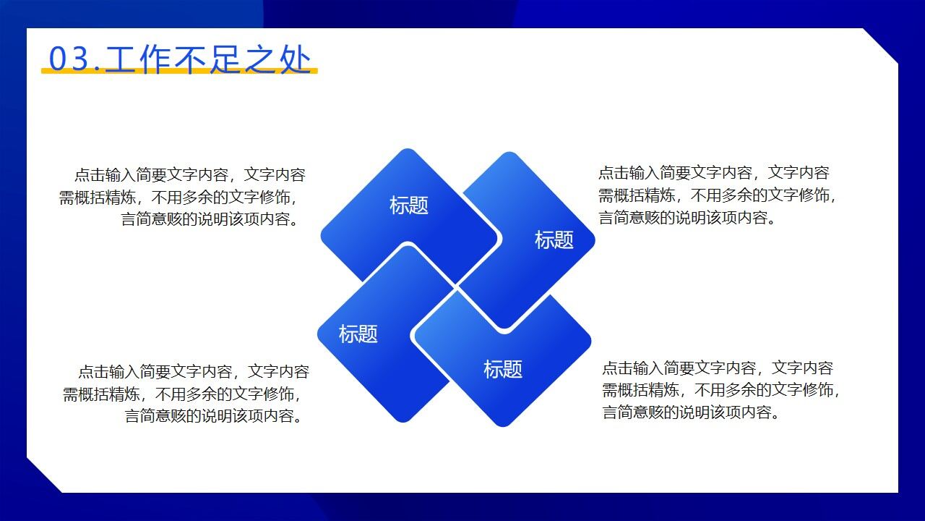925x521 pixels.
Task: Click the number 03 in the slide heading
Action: pos(69,59)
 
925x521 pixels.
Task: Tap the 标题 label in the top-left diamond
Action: pos(409,206)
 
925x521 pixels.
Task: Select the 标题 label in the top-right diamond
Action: pos(554,240)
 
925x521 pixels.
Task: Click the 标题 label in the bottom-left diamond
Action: pos(358,334)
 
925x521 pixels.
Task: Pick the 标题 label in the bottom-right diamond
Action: pos(502,370)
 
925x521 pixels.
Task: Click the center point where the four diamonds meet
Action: pos(456,287)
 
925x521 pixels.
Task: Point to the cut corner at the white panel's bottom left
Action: pos(44,475)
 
